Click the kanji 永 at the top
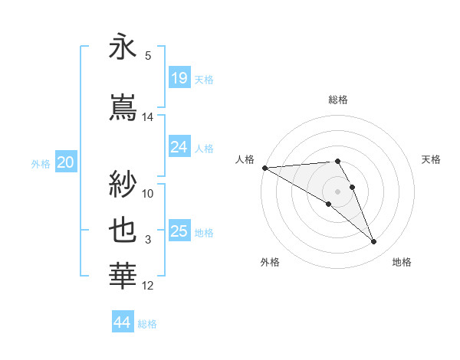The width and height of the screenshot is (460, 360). pos(123,48)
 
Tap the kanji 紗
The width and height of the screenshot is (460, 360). pos(123,185)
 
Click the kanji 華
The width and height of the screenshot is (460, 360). pos(123,276)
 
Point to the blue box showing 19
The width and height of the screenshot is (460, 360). pos(179,78)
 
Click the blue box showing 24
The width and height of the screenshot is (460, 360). pos(179,147)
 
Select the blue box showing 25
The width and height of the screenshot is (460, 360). pos(179,231)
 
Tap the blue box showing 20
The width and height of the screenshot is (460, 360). pos(66,162)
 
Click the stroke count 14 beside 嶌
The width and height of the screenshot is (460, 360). pos(148,117)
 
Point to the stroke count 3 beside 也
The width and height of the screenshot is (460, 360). pos(148,240)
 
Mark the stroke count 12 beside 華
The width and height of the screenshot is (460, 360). pos(148,286)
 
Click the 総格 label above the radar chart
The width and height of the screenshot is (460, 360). pos(338,100)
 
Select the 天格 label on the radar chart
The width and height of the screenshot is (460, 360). pos(432,159)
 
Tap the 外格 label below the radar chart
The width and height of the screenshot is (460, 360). pos(270,262)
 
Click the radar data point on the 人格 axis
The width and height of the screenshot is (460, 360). pos(264,168)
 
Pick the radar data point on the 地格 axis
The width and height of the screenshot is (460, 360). pos(374,242)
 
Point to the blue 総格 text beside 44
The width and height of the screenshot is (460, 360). pos(148,324)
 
